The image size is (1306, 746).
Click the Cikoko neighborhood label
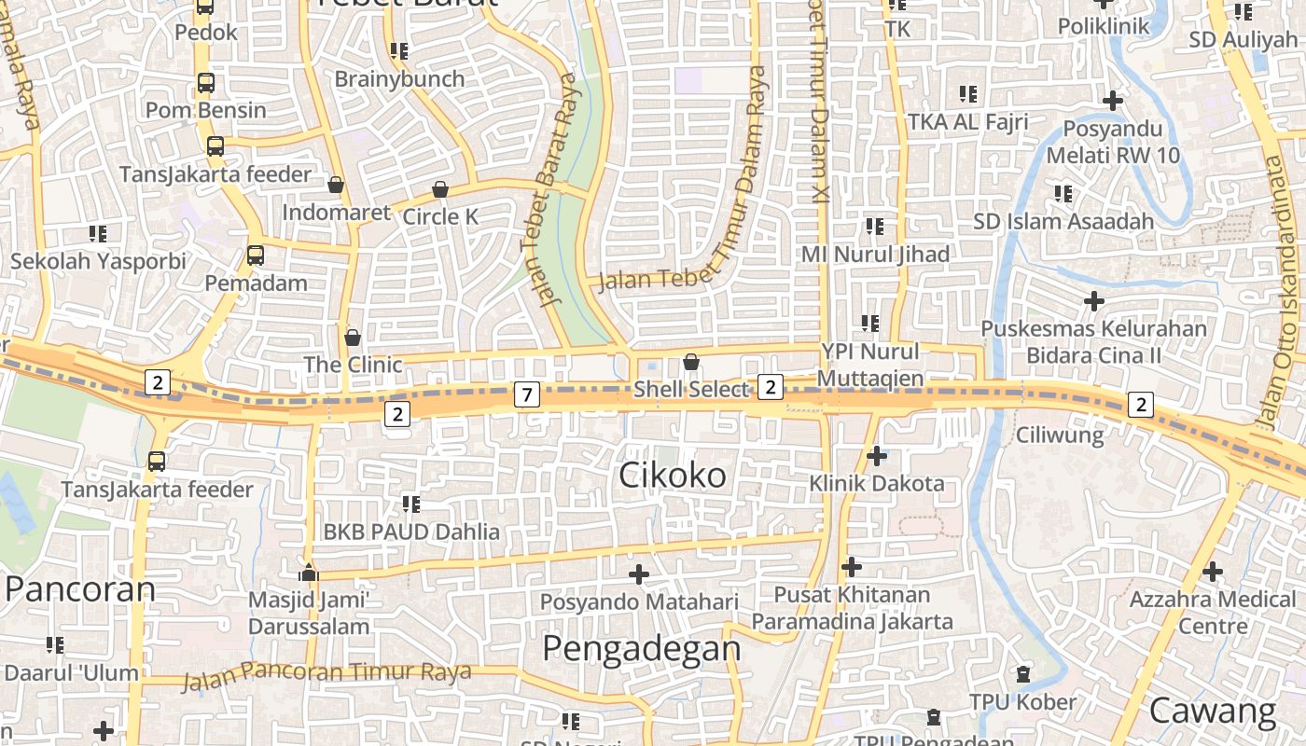pyautogui.click(x=673, y=476)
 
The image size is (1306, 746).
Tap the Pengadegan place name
pyautogui.click(x=642, y=647)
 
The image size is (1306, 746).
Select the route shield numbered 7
pyautogui.click(x=527, y=395)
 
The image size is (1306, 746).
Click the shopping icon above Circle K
pyautogui.click(x=440, y=190)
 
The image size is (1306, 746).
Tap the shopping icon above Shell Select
pyautogui.click(x=691, y=361)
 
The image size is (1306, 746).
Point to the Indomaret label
pyautogui.click(x=337, y=213)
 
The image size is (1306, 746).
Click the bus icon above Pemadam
pyautogui.click(x=255, y=256)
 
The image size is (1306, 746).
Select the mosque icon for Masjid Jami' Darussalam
pyautogui.click(x=309, y=573)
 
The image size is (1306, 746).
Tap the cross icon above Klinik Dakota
pyautogui.click(x=876, y=456)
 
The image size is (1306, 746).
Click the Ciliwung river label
pyautogui.click(x=1059, y=435)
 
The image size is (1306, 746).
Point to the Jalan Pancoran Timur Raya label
pyautogui.click(x=326, y=673)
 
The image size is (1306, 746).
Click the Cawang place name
pyautogui.click(x=1212, y=711)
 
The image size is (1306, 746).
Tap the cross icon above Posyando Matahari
pyautogui.click(x=639, y=574)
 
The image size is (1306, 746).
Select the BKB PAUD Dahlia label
pyautogui.click(x=411, y=532)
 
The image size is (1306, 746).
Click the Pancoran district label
pyautogui.click(x=80, y=589)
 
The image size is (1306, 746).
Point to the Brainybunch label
pyautogui.click(x=399, y=79)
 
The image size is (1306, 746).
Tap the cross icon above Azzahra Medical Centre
pyautogui.click(x=1213, y=571)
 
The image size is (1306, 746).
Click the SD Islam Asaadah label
pyautogui.click(x=1063, y=222)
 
